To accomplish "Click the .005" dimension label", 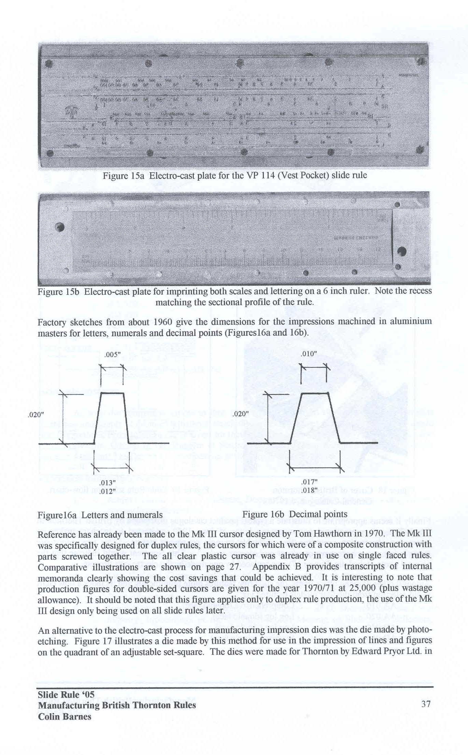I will click(113, 354).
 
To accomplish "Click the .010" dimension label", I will click(309, 354).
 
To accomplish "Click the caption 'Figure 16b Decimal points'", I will click(295, 514).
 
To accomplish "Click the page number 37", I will click(426, 704).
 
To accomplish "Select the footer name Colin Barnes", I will click(65, 716).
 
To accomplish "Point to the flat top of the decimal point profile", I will click(315, 393).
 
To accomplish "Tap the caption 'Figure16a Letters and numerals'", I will click(100, 515).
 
